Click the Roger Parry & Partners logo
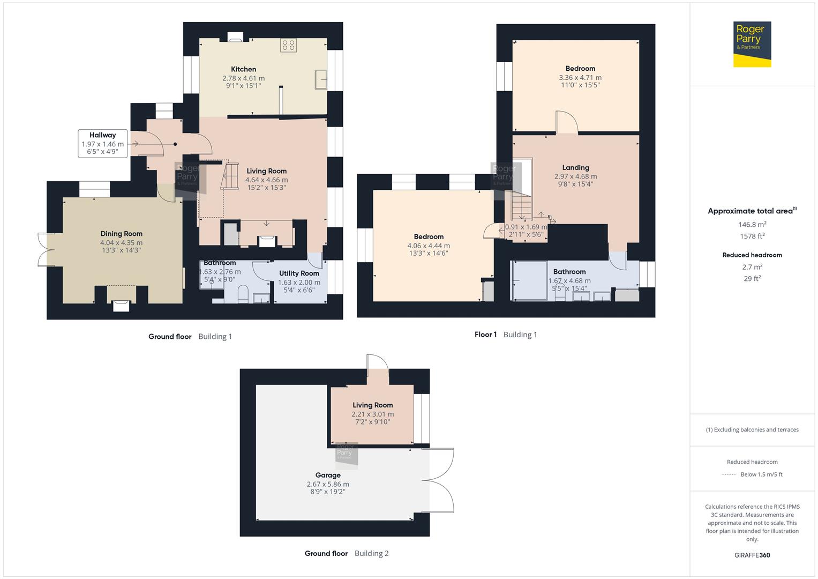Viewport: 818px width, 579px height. (x=752, y=44)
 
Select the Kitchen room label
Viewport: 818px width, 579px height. (x=243, y=69)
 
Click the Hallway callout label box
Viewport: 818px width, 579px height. (x=103, y=144)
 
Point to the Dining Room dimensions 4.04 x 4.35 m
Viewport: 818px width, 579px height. (x=121, y=243)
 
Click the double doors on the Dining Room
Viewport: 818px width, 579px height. (x=43, y=249)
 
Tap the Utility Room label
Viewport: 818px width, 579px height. (x=299, y=273)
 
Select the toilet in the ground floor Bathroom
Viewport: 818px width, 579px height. (x=242, y=293)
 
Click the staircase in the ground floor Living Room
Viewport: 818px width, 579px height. (x=230, y=176)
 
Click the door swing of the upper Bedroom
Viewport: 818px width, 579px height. (x=566, y=122)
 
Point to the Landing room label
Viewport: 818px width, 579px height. (x=575, y=168)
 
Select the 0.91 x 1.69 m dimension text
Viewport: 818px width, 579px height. (x=526, y=227)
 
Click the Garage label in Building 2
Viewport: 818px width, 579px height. (x=328, y=476)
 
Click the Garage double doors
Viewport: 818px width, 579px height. (x=441, y=480)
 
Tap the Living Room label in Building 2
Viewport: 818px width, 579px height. (x=372, y=405)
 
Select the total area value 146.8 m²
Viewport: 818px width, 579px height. (x=752, y=225)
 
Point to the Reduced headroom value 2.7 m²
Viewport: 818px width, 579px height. (x=752, y=267)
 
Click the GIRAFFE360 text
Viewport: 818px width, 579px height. (x=752, y=555)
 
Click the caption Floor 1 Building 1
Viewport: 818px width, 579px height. (x=505, y=335)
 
